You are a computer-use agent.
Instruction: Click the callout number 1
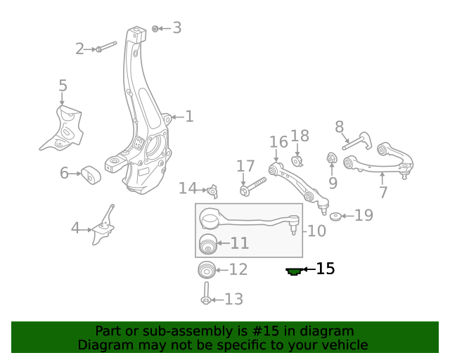[189, 117]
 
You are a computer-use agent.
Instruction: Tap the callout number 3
[176, 28]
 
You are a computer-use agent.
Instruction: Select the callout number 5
[63, 86]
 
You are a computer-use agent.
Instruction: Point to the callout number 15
[325, 269]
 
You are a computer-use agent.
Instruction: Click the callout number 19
[364, 215]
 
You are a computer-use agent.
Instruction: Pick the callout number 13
[233, 300]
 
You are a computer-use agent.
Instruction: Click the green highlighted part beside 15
[294, 270]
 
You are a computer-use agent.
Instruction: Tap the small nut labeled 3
[155, 28]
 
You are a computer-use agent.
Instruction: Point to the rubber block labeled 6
[89, 174]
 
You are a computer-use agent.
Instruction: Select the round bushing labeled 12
[206, 269]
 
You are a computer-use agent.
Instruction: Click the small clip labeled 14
[213, 190]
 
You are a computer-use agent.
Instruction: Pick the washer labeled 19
[336, 216]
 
